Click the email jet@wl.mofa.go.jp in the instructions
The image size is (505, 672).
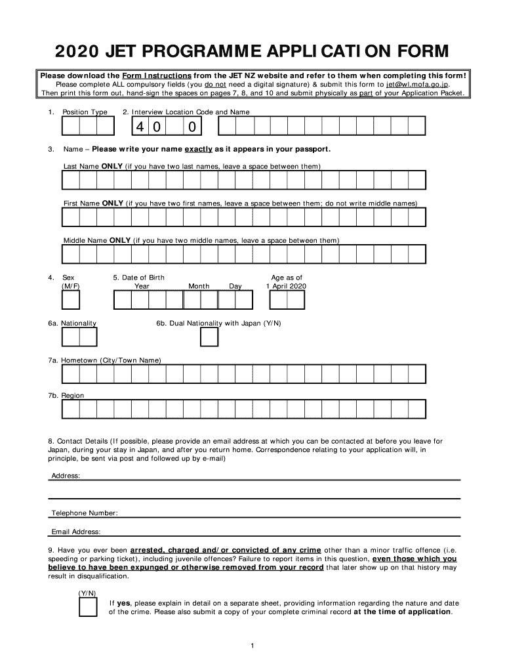tap(417, 84)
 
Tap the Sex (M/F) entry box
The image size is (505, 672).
tap(71, 300)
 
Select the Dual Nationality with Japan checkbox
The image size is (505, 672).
tap(209, 337)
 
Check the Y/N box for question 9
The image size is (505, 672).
tap(88, 607)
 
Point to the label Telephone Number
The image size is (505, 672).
tap(84, 513)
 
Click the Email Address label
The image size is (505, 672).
tap(75, 532)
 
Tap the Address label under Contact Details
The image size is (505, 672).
tap(66, 475)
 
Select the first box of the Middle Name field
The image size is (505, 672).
tap(71, 254)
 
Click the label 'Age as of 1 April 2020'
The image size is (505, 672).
tap(286, 282)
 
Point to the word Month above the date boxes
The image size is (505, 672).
tap(199, 286)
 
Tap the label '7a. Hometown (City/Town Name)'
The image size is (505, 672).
tap(104, 360)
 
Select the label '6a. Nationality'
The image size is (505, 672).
tap(72, 324)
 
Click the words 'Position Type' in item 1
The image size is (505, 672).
tap(85, 112)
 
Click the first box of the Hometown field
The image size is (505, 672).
tap(71, 373)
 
